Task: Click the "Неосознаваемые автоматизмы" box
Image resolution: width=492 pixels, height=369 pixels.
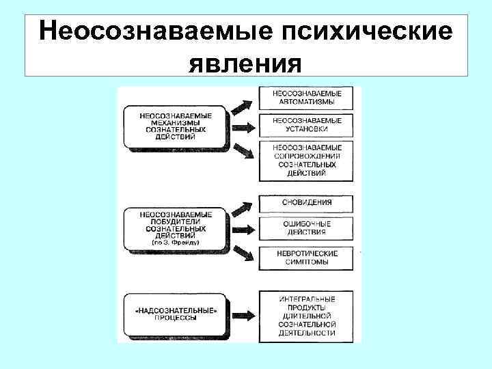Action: point(307,97)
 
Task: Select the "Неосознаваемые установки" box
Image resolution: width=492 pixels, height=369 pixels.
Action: point(307,125)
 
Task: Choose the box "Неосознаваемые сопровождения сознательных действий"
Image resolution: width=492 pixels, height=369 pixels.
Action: point(307,160)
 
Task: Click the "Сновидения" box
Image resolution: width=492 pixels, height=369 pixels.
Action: point(307,202)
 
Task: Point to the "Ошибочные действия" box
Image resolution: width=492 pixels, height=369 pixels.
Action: point(307,228)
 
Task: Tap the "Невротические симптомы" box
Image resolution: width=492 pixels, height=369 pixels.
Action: point(307,257)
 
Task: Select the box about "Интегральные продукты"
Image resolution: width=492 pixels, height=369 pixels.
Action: point(307,315)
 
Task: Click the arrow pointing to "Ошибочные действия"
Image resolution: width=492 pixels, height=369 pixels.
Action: point(243,228)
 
